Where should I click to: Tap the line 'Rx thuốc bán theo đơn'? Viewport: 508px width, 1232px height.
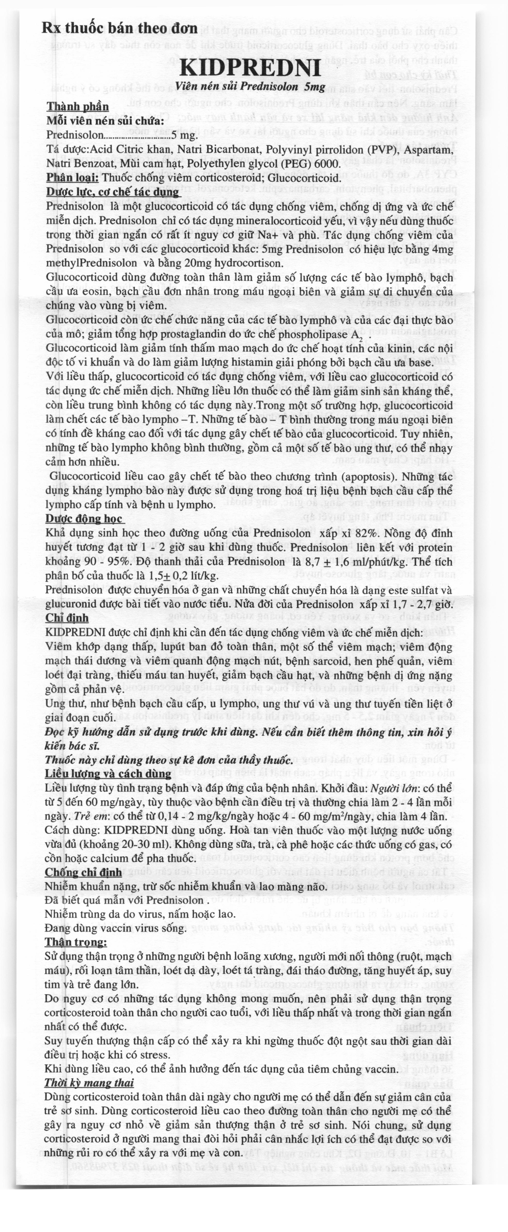click(x=119, y=28)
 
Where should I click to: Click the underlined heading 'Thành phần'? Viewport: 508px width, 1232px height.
click(x=77, y=107)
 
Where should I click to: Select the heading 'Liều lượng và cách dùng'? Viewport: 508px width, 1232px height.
click(x=108, y=774)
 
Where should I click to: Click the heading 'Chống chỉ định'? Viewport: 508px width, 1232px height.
click(x=83, y=872)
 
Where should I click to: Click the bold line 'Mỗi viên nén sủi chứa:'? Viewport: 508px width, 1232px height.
click(x=105, y=121)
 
